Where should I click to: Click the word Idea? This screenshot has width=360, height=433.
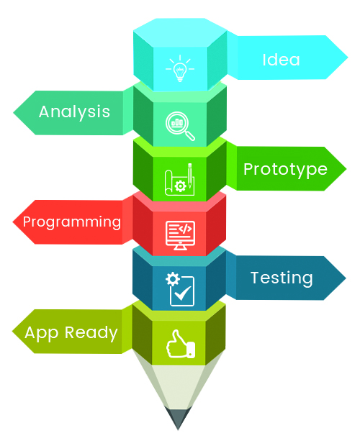[281, 60]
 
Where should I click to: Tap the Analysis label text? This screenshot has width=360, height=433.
[74, 112]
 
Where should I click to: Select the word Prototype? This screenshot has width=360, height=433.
[285, 170]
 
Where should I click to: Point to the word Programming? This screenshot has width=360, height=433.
[72, 222]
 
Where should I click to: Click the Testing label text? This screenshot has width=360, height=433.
[282, 278]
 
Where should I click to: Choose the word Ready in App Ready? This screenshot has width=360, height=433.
[91, 333]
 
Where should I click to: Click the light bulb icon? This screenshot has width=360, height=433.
[180, 68]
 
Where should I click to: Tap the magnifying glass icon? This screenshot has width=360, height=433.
[180, 126]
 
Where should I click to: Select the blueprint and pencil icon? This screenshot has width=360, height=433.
[180, 180]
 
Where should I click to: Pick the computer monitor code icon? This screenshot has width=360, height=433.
[180, 235]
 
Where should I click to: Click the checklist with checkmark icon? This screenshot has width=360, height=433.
[180, 289]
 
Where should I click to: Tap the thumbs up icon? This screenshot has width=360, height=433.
[181, 344]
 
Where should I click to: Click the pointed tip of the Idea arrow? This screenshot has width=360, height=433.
[348, 58]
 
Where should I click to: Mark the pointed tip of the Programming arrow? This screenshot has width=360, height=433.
[13, 222]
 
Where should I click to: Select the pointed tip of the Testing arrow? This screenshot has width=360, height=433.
[346, 278]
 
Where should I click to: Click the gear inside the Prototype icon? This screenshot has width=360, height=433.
[181, 186]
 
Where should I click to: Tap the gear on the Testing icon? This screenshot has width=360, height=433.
[173, 279]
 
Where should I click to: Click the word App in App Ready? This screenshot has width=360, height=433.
[42, 333]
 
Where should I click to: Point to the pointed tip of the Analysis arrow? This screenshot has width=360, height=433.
[13, 112]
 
